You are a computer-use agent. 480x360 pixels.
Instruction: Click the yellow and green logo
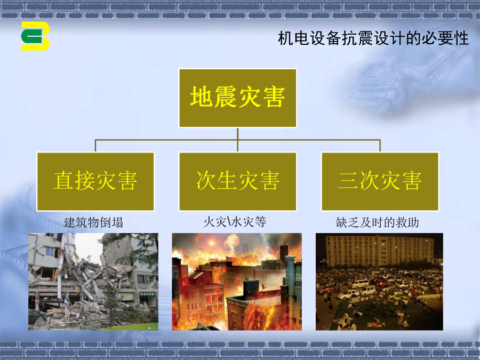(35, 36)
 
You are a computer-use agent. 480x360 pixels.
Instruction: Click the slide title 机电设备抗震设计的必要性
(373, 38)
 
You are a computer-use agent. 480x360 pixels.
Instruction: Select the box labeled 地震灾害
(237, 98)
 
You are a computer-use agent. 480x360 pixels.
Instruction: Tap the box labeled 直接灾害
(95, 181)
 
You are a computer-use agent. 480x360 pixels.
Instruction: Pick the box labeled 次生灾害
(237, 181)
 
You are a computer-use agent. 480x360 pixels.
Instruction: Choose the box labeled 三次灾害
(380, 181)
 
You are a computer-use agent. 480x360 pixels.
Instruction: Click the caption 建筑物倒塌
(94, 222)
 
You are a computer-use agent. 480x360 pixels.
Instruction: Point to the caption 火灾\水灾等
(235, 222)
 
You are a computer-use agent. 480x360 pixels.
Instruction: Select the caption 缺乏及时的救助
(377, 222)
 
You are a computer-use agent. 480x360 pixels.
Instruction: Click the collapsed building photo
(93, 282)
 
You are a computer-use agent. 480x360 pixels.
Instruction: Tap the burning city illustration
(237, 282)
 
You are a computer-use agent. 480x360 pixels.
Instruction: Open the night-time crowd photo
(379, 282)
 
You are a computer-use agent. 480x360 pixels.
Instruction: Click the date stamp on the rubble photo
(140, 320)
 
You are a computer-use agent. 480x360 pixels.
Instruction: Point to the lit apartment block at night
(380, 251)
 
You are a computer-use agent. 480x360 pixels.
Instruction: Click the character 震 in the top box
(226, 97)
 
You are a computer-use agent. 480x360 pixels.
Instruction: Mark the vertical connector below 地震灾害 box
(237, 140)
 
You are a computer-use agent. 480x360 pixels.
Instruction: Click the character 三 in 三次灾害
(348, 181)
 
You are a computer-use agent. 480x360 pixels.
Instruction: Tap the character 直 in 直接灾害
(63, 181)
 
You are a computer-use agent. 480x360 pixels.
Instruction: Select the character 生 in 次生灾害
(227, 181)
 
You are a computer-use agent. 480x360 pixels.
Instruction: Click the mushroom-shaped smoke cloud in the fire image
(232, 242)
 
